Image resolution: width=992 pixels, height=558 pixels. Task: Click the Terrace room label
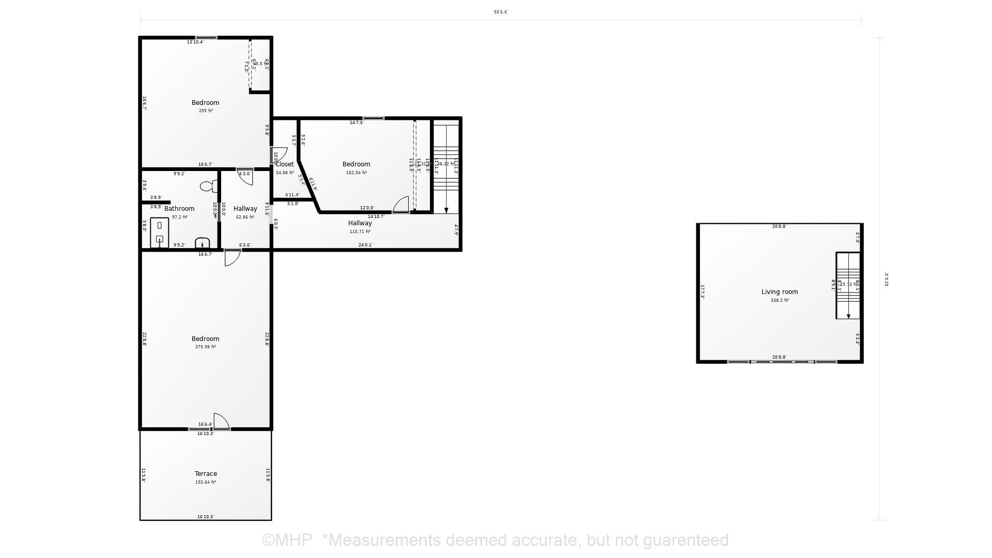click(206, 474)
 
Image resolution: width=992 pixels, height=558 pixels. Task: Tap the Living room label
click(779, 292)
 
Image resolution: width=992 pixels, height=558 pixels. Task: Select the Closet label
click(285, 164)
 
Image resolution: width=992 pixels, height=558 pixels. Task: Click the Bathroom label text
click(179, 209)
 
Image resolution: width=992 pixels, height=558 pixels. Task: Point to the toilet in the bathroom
click(208, 186)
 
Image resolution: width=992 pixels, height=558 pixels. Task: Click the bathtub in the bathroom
click(160, 232)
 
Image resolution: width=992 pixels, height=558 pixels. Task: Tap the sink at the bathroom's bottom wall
click(203, 243)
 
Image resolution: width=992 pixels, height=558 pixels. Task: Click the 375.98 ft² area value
click(206, 347)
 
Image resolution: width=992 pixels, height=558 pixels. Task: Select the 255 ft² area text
click(206, 111)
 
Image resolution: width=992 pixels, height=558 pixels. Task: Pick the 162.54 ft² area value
click(356, 173)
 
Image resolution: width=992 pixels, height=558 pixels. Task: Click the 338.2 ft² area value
click(779, 300)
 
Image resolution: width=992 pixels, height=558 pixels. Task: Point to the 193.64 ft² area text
click(206, 482)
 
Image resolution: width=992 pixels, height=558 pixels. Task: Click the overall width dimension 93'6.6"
click(501, 12)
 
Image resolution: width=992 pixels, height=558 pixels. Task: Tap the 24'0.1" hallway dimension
click(365, 245)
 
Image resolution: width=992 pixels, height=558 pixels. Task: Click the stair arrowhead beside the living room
click(848, 316)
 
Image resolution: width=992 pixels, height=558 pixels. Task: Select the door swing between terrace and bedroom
click(221, 421)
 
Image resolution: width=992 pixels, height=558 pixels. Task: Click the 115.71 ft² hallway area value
click(360, 231)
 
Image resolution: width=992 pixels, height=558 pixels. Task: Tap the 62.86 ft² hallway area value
click(245, 217)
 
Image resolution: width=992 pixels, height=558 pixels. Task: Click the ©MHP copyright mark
click(287, 540)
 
